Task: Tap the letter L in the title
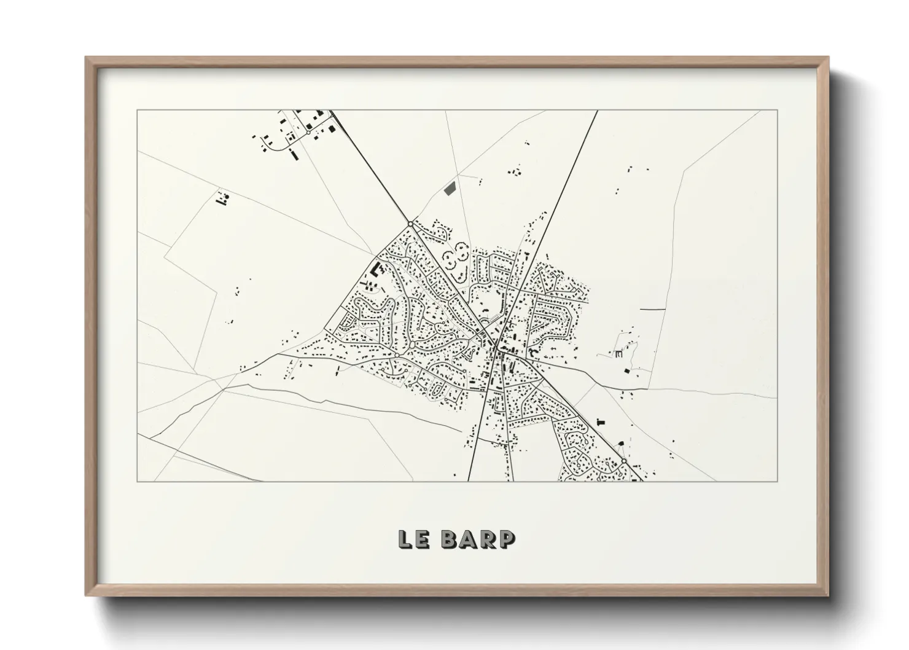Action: point(405,539)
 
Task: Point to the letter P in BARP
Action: point(506,539)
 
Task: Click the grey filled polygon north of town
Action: point(450,187)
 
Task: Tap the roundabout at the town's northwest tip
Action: point(410,224)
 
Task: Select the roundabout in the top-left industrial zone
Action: point(308,132)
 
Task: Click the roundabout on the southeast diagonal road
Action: point(623,460)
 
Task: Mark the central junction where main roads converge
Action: point(495,349)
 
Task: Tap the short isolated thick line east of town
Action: point(652,308)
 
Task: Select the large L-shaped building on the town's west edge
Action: point(374,269)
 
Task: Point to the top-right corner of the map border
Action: point(777,111)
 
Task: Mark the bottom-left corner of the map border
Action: point(138,481)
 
